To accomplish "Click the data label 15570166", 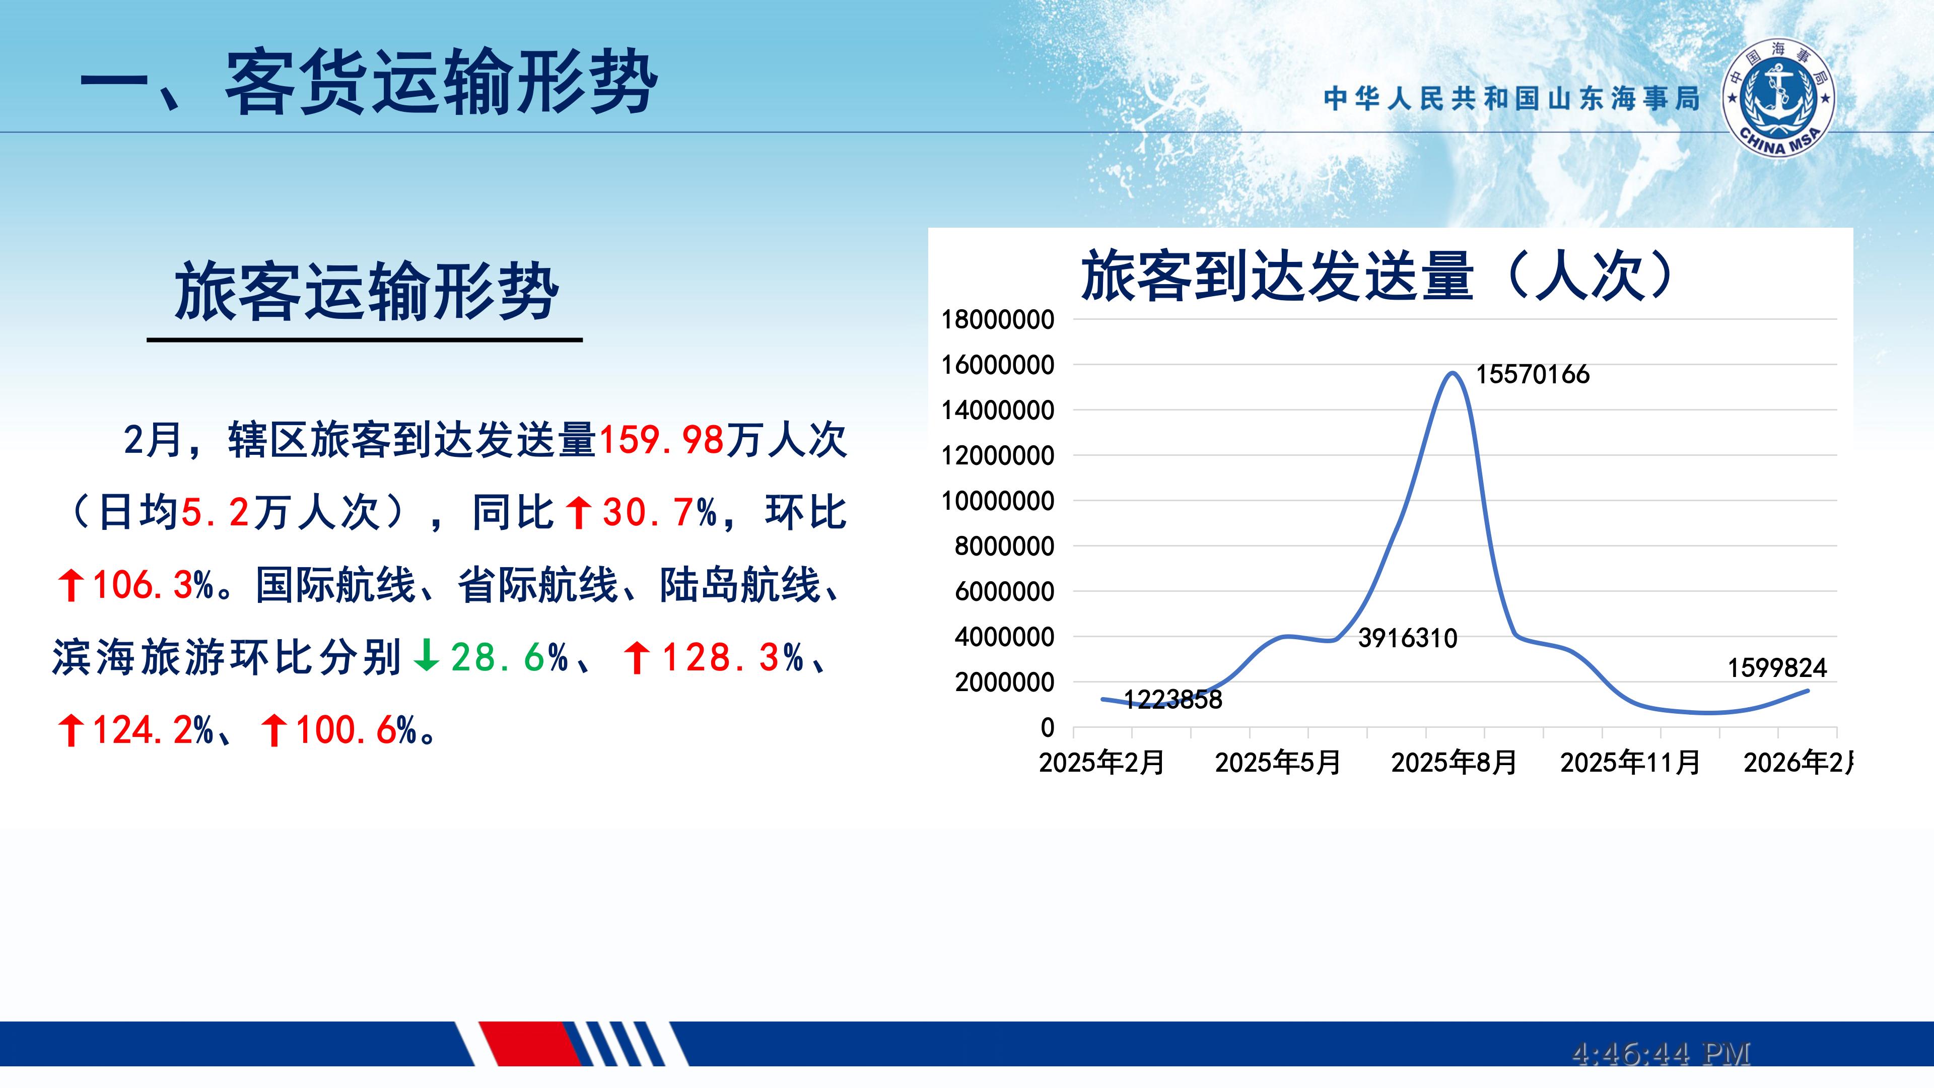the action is tap(1532, 374).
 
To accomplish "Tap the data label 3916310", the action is tap(1408, 638).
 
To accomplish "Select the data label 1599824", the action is tap(1777, 667).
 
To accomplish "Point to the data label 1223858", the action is tap(1172, 700).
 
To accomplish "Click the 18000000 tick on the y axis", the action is tap(998, 320).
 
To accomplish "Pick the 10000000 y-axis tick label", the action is tap(998, 501).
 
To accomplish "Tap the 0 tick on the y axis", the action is tap(1048, 727).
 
